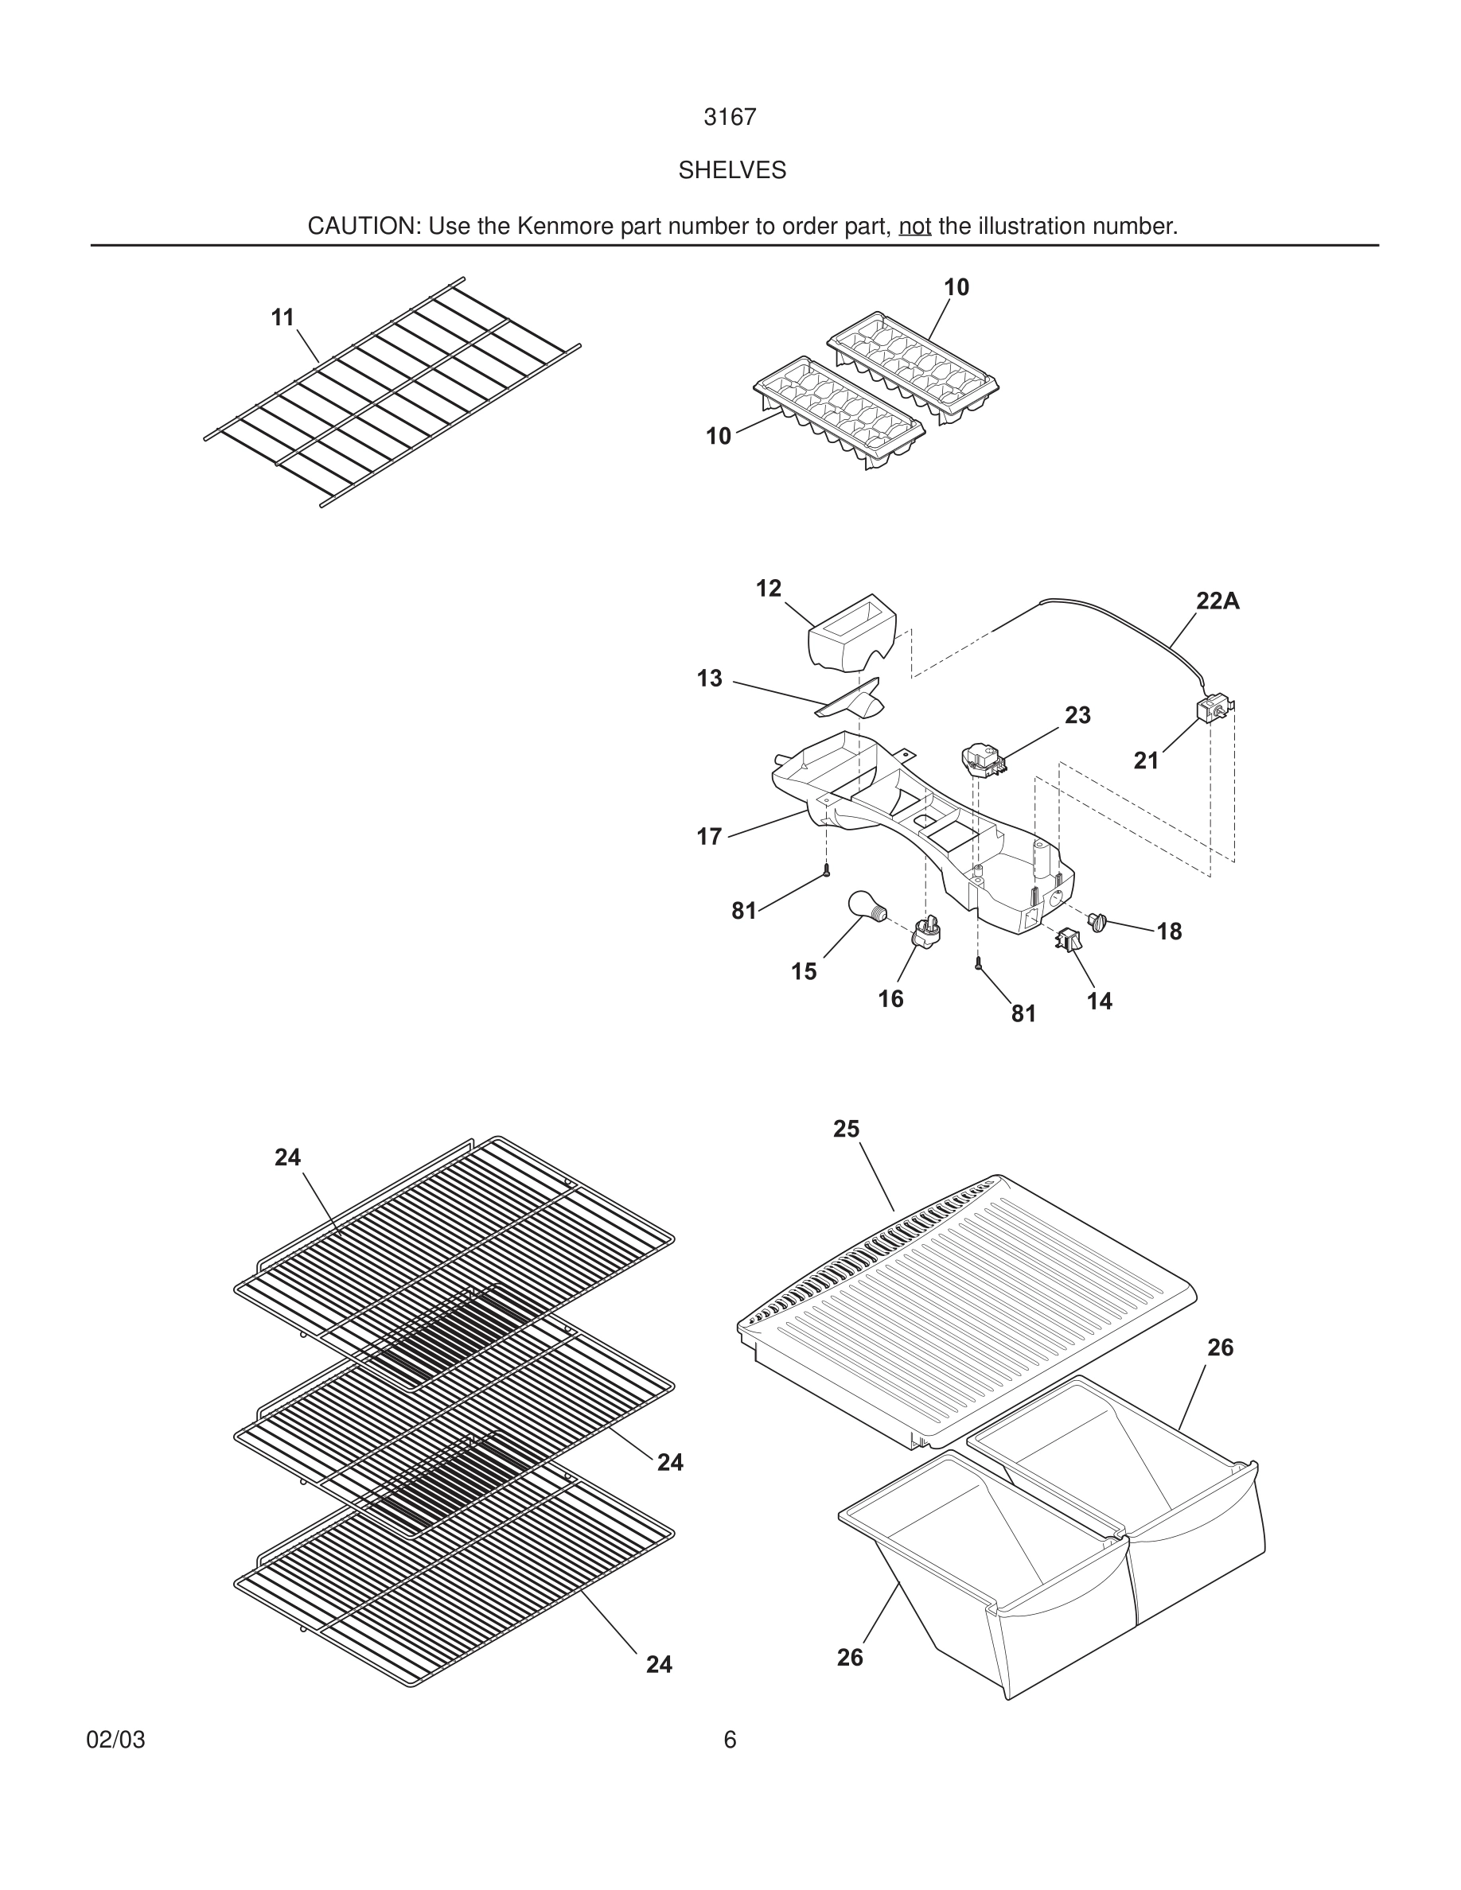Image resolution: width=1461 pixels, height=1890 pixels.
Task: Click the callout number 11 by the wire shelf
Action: (282, 317)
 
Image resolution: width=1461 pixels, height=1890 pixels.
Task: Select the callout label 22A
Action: (1217, 601)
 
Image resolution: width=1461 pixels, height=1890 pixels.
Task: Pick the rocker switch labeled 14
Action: (1067, 938)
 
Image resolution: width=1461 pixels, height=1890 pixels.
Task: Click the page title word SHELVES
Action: (731, 170)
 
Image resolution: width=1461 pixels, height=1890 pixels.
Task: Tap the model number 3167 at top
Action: (730, 118)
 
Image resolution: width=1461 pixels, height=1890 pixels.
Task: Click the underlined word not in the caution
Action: (914, 227)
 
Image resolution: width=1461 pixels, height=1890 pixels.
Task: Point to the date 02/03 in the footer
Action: (115, 1740)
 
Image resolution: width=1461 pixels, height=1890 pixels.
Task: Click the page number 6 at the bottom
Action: (730, 1740)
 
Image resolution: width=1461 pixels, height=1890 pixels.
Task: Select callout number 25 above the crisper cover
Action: (846, 1129)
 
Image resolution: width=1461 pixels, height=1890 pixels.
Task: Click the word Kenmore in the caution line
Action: (552, 227)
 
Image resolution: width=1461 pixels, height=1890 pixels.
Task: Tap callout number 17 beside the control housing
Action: (709, 837)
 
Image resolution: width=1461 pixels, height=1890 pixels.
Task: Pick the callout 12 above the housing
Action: (768, 589)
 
